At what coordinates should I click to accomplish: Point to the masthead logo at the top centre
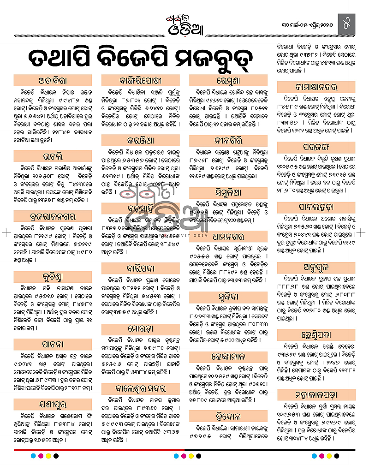(184, 20)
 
